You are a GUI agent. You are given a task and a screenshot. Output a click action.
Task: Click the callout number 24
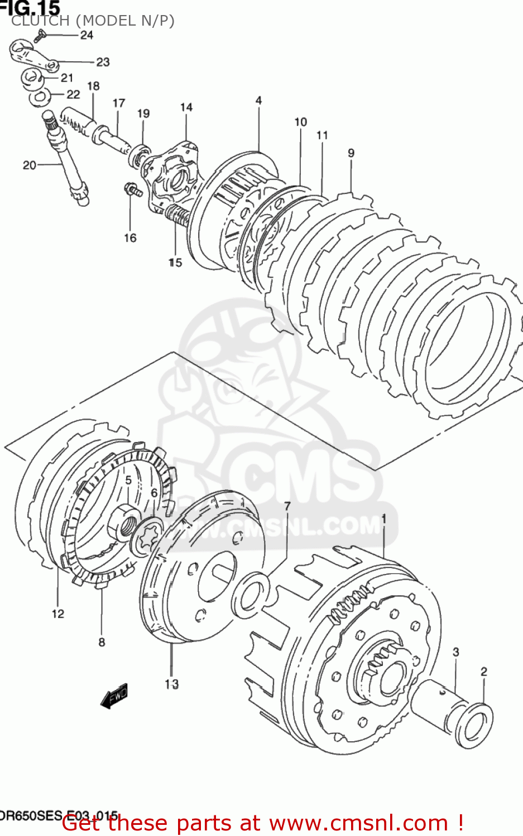87,35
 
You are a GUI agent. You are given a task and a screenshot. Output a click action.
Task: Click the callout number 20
29,165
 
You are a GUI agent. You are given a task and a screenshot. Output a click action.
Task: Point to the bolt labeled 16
132,190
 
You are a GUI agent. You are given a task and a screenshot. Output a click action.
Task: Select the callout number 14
186,107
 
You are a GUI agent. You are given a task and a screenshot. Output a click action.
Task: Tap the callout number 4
258,100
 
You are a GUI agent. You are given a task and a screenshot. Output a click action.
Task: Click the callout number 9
351,153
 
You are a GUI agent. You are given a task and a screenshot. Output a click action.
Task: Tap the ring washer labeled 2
474,725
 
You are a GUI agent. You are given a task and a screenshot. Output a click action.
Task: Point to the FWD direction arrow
115,696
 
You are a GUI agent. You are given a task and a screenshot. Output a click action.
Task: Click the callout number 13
171,684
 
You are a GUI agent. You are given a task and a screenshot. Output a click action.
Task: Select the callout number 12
58,614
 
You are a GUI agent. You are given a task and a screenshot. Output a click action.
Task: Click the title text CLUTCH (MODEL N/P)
93,21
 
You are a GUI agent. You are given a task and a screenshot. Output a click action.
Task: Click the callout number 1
383,519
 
